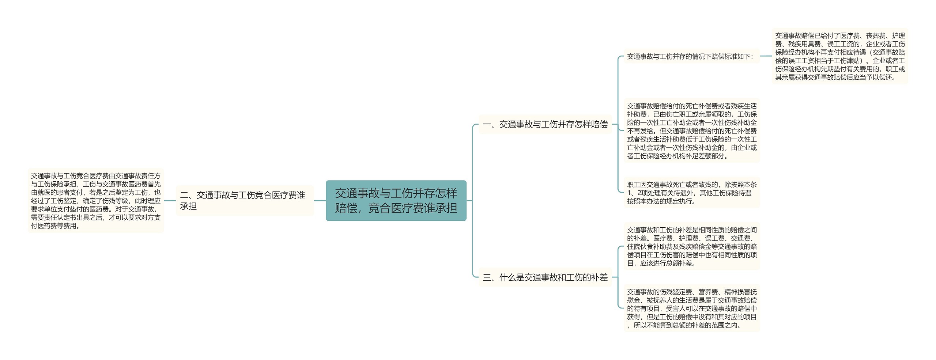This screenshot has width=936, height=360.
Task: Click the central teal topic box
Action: [396, 200]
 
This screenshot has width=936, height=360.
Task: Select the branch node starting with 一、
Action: [545, 125]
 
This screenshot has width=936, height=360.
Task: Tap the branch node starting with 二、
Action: [245, 200]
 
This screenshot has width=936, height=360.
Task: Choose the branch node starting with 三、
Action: [545, 277]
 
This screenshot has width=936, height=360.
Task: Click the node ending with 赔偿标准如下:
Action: [691, 57]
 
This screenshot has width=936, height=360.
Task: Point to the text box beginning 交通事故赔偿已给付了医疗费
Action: [840, 56]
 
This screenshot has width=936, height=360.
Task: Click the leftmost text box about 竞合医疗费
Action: [96, 201]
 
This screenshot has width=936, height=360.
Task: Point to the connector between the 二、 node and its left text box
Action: [170, 200]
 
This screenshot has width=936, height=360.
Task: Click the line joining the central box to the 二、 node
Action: [320, 200]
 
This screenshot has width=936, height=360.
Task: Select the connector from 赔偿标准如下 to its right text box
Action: [766, 56]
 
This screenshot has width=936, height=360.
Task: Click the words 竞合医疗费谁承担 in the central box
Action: [412, 208]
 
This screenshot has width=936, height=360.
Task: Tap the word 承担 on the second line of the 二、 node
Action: [188, 206]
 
